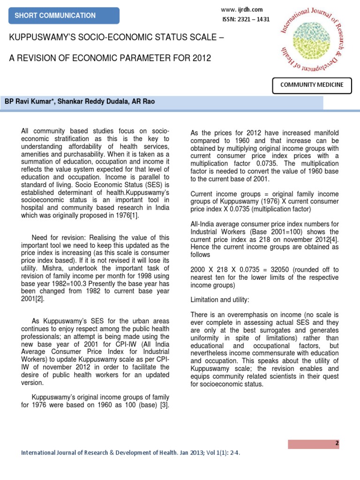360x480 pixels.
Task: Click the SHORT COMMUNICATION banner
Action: pyautogui.click(x=55, y=15)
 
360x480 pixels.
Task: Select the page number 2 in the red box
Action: pyautogui.click(x=337, y=443)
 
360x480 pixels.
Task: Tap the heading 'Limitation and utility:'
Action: pyautogui.click(x=220, y=299)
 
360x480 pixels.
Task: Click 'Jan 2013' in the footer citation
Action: pyautogui.click(x=180, y=453)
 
